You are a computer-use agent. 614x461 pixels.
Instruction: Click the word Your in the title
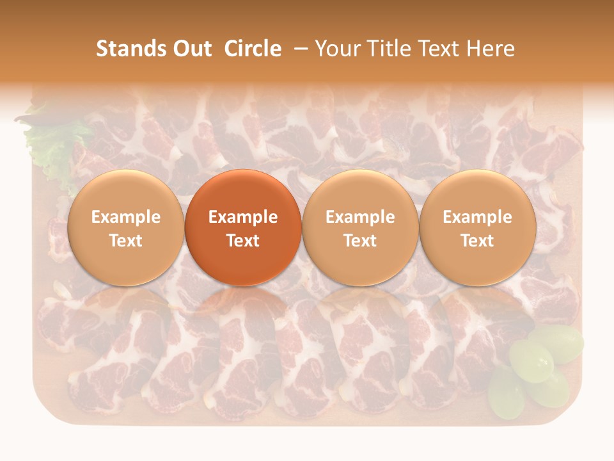coord(335,49)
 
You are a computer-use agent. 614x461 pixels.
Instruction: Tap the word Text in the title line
coord(436,49)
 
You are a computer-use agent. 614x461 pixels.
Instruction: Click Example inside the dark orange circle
coord(243,217)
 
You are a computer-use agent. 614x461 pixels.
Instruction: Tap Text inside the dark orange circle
coord(243,241)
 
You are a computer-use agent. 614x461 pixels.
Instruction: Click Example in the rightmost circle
coord(478,217)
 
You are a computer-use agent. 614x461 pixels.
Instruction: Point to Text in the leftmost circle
coord(126,241)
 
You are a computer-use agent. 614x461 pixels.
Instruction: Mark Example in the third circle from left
coord(360,217)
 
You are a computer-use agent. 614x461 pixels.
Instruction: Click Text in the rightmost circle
coord(478,241)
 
